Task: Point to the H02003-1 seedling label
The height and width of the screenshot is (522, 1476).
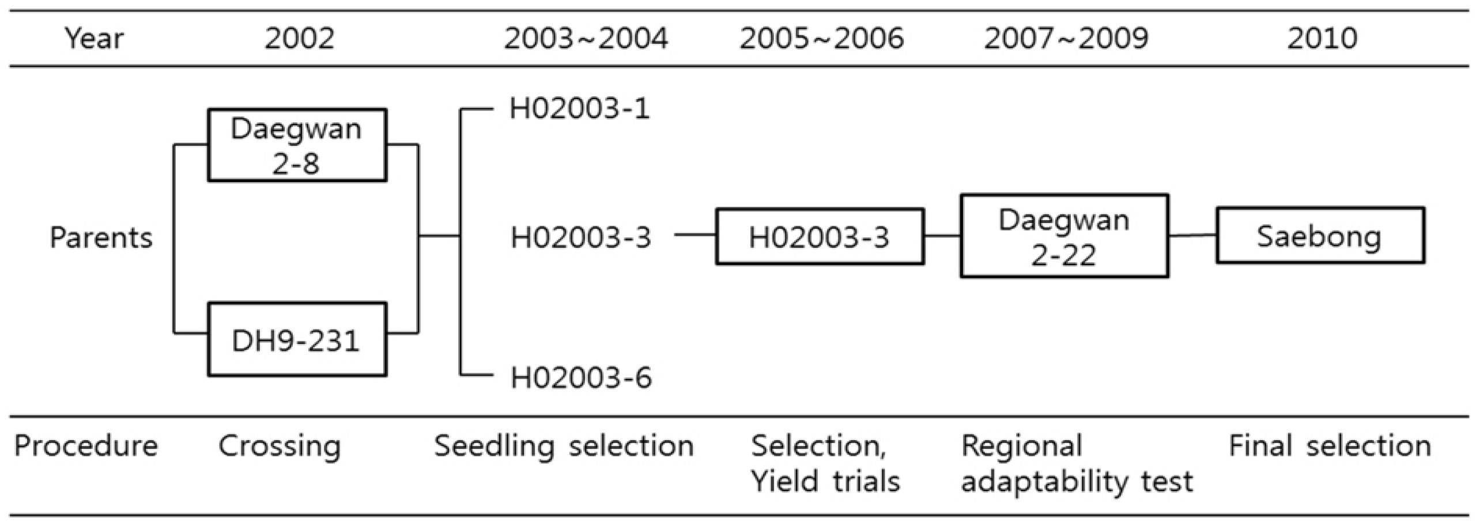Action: [x=580, y=109]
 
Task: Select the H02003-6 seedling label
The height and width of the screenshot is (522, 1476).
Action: [x=581, y=378]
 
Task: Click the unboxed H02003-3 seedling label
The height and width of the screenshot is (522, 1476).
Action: [x=581, y=237]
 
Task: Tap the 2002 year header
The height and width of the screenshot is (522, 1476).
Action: [x=299, y=39]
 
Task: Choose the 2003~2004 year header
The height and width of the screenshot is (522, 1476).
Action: [x=586, y=39]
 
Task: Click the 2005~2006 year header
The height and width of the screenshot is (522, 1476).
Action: [x=822, y=39]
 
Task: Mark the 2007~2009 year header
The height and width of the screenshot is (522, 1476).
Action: [x=1066, y=39]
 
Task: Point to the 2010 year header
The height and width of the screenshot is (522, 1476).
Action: [x=1322, y=39]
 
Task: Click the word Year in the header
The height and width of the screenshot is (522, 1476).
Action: [x=95, y=39]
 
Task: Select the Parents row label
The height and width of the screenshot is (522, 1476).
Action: [x=101, y=237]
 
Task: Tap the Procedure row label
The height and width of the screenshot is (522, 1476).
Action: [x=86, y=446]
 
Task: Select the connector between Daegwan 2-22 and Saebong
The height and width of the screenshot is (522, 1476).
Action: [x=1193, y=236]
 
